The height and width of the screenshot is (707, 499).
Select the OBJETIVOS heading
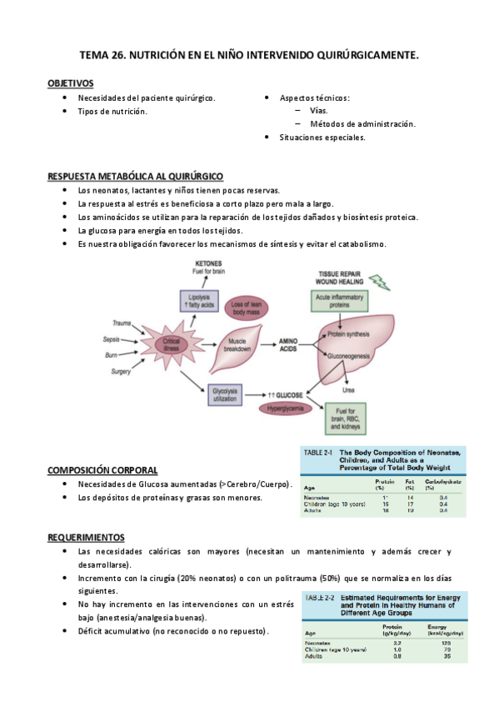[70, 83]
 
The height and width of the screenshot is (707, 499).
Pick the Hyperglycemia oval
[285, 409]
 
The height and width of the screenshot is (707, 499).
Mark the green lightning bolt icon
[379, 282]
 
